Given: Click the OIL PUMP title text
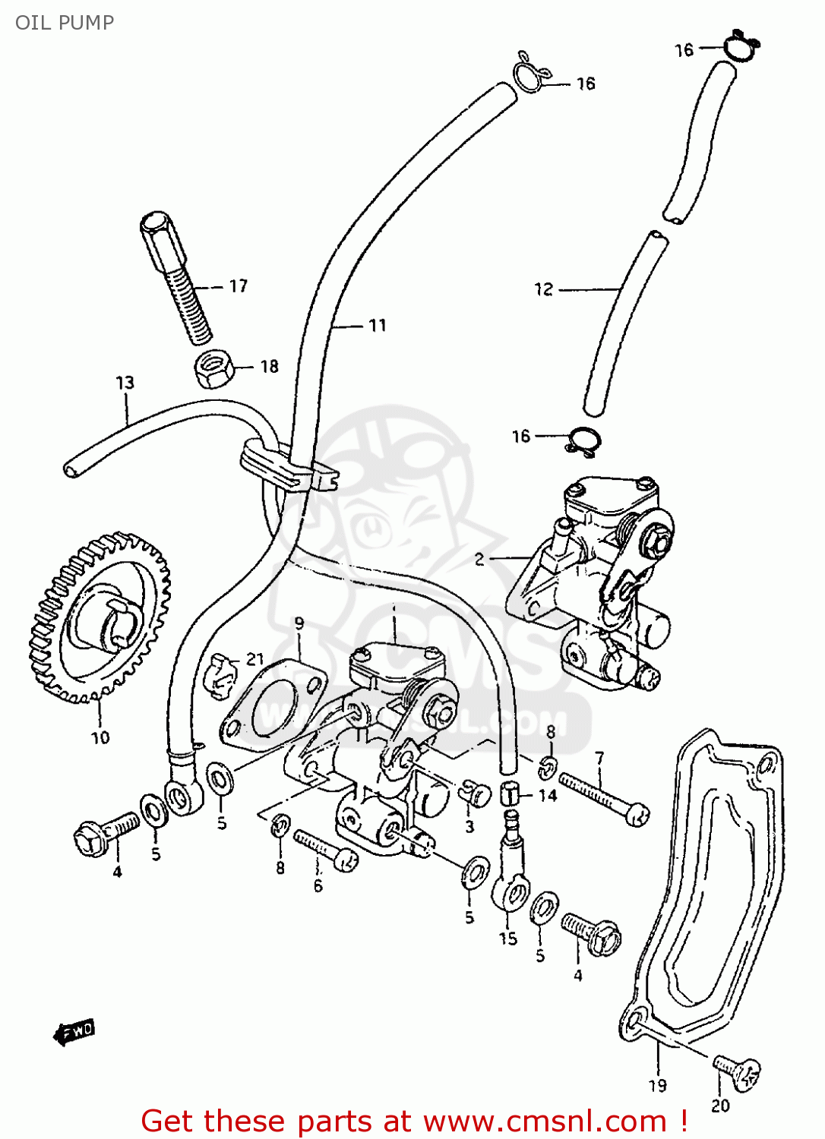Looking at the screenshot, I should point(65,23).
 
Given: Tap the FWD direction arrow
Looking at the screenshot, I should point(74,1032).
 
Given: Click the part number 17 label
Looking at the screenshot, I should point(238,286).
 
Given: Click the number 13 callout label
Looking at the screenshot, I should point(125,383).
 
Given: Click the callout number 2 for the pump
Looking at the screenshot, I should point(479,560).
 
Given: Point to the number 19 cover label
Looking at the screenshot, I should point(658,1086).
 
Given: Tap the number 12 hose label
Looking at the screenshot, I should point(544,289).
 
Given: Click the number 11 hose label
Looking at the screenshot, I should point(378,326).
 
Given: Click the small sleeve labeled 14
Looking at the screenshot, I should point(510,795).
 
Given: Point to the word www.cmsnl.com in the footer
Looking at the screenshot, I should point(544,1122).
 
